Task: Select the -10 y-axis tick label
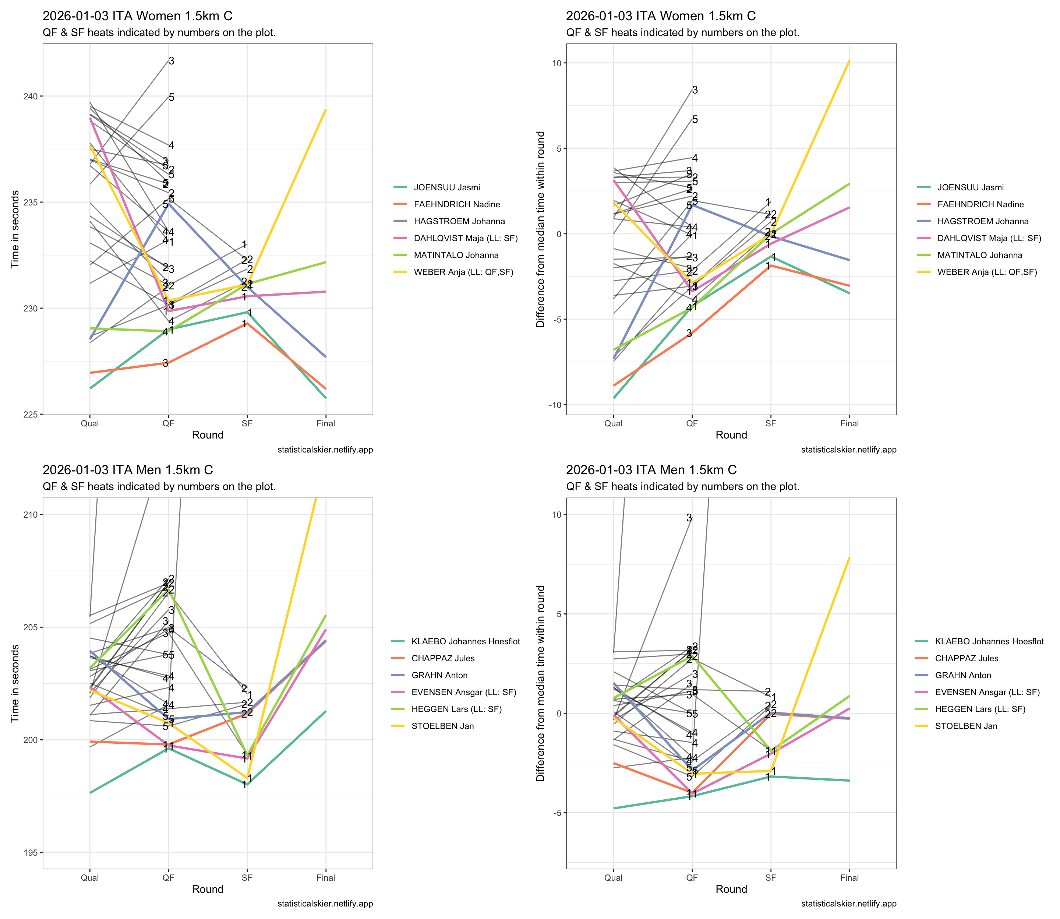pyautogui.click(x=555, y=405)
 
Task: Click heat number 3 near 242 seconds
pyautogui.click(x=171, y=61)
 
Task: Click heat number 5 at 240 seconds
pyautogui.click(x=171, y=98)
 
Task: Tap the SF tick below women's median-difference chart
pyautogui.click(x=770, y=423)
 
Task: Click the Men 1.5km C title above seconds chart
pyautogui.click(x=128, y=470)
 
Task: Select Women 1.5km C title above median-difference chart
pyautogui.click(x=660, y=16)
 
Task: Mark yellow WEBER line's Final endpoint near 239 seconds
pyautogui.click(x=325, y=110)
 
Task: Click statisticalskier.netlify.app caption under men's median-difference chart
pyautogui.click(x=848, y=904)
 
